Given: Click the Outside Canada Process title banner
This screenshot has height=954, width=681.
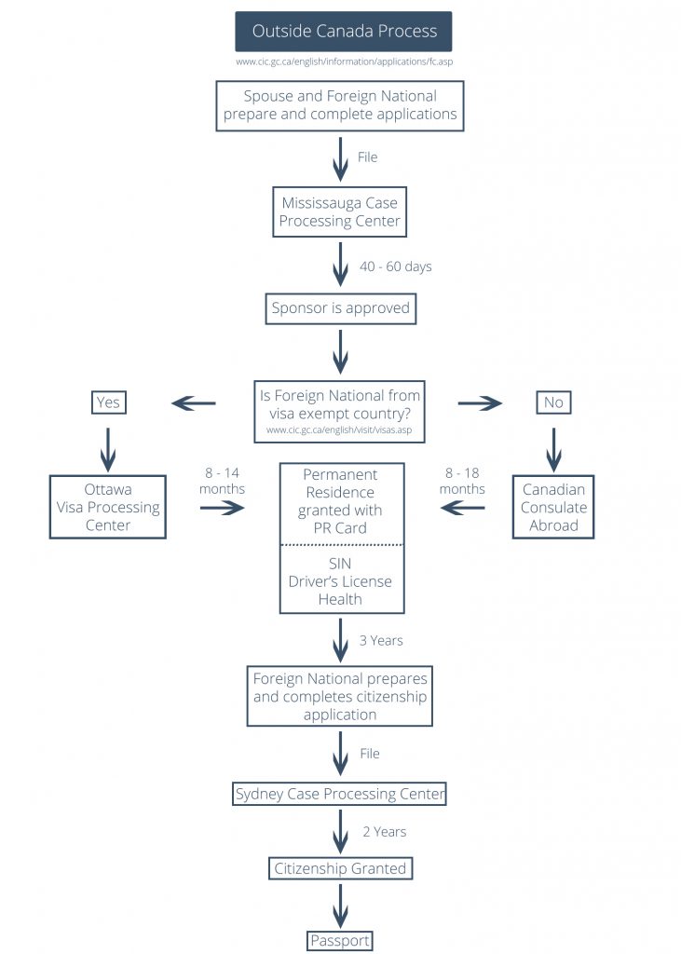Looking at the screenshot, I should point(344,32).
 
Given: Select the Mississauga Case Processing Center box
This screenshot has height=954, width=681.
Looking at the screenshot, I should point(340,211).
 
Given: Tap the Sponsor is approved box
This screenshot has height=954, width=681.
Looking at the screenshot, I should point(340,308).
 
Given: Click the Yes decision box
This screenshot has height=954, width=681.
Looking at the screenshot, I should point(108,402).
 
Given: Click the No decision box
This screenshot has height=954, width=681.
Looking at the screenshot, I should point(553,402).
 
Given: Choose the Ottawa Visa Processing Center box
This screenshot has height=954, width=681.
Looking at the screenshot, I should point(107,507).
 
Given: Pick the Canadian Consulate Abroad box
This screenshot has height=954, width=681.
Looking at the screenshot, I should point(553,507).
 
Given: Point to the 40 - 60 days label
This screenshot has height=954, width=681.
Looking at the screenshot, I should point(395,266).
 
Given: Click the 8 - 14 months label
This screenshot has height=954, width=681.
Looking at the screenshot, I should point(222,481).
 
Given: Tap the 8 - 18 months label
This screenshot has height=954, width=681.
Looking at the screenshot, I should point(462,481).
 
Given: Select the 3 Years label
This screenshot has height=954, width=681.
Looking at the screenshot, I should point(381,640).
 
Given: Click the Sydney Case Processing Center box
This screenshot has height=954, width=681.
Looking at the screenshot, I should point(340,794).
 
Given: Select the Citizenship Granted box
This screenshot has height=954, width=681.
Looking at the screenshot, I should point(340,868).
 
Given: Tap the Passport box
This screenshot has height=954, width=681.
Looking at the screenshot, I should point(340,940).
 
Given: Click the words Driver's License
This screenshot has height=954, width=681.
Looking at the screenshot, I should point(340,581).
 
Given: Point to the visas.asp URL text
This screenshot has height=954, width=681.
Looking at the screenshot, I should point(339,431).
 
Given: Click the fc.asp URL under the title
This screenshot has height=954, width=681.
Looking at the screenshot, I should point(344,62).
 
